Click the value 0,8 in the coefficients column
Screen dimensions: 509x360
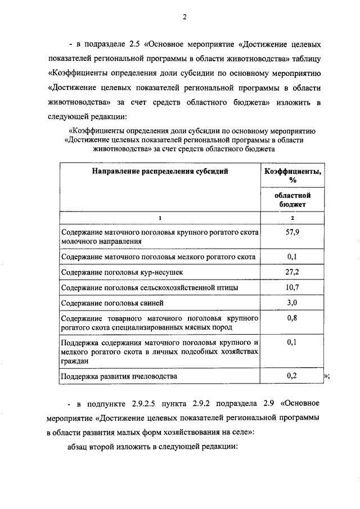[x=292, y=318]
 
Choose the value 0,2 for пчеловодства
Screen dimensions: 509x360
[x=292, y=376]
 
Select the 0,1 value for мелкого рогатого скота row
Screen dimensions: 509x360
[x=292, y=256]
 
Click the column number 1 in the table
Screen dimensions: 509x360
[x=160, y=218]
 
